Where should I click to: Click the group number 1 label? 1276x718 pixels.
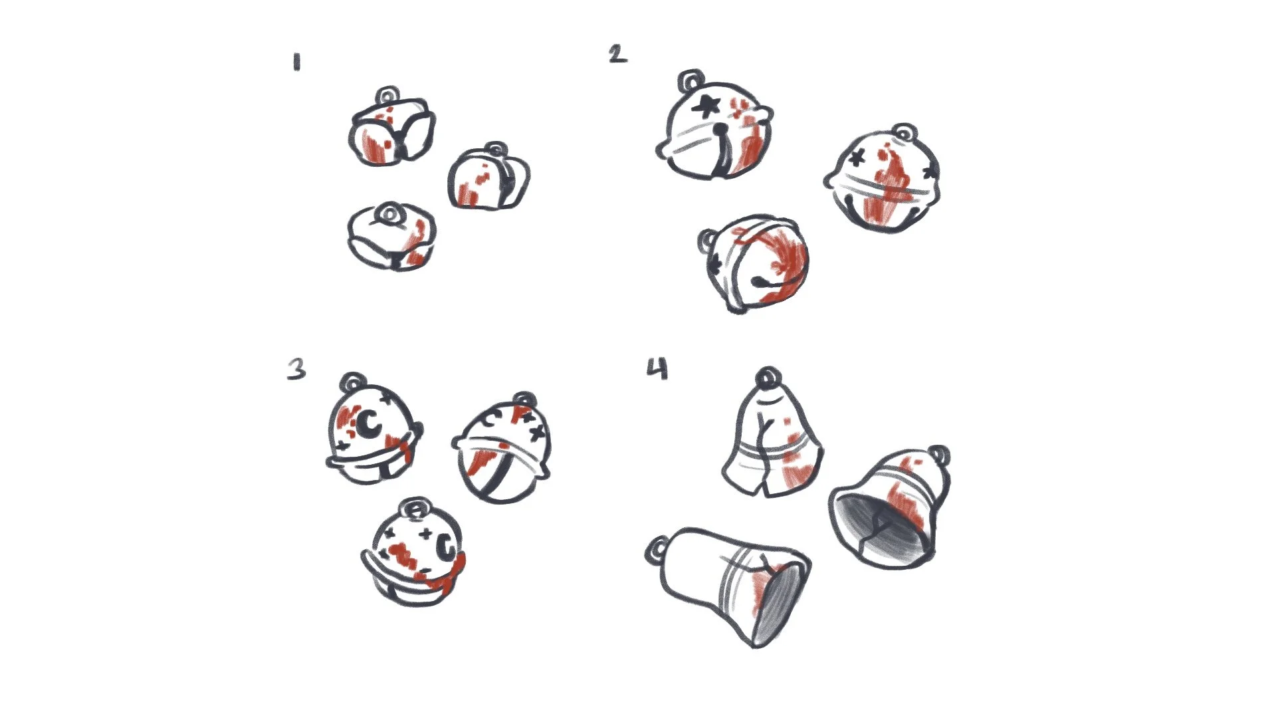[x=296, y=62]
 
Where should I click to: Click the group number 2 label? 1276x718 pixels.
[x=617, y=54]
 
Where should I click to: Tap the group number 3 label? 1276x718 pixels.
[x=296, y=369]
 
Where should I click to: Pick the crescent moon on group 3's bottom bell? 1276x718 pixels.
[x=447, y=548]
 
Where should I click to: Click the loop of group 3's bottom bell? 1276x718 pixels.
[x=416, y=509]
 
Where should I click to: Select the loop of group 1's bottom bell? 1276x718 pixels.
[x=387, y=215]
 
